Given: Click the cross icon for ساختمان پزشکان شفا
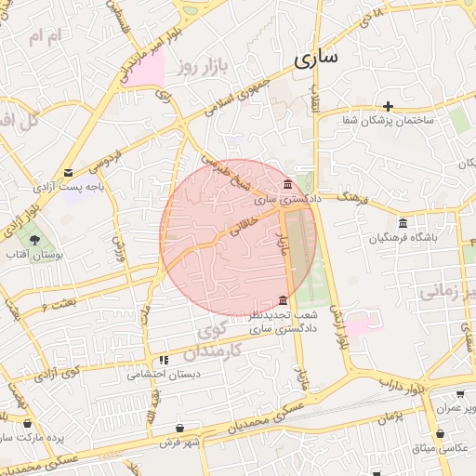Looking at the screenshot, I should point(389,106).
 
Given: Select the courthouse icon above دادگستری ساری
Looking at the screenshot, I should point(287,184).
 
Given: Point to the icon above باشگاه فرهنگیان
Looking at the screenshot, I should point(402,223).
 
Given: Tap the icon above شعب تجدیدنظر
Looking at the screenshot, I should point(284,300).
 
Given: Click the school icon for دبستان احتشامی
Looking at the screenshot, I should point(164,360).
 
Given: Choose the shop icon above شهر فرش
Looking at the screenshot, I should point(192,428).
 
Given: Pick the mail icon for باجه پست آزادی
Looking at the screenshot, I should point(69,172).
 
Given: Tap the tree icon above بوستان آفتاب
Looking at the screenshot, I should point(34,240).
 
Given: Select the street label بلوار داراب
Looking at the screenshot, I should point(406,383).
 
